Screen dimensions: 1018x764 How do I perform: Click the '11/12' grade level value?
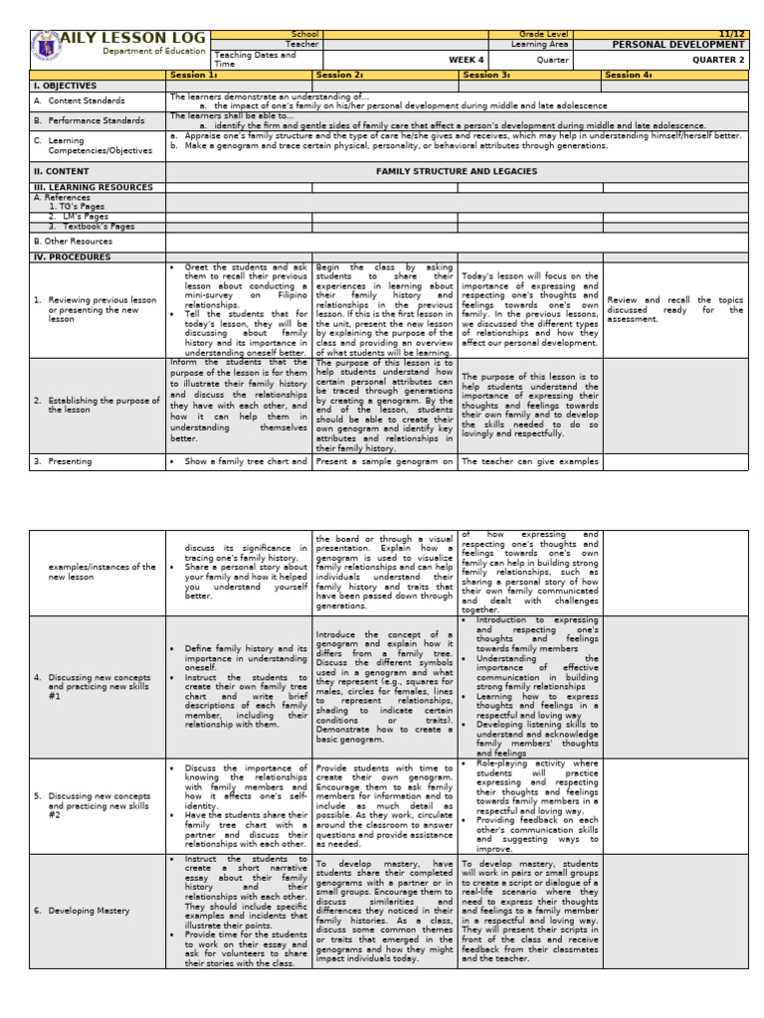[730, 34]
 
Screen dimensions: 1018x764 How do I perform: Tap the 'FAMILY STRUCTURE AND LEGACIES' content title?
[457, 171]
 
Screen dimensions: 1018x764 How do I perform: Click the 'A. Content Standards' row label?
[80, 100]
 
